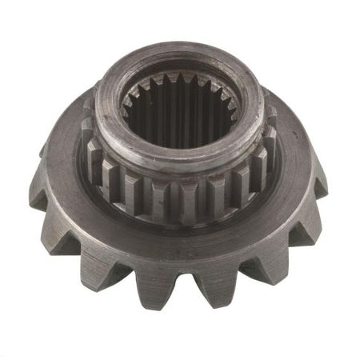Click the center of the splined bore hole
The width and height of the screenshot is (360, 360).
click(x=181, y=120)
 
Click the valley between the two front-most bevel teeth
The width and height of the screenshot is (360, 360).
click(x=189, y=290)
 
